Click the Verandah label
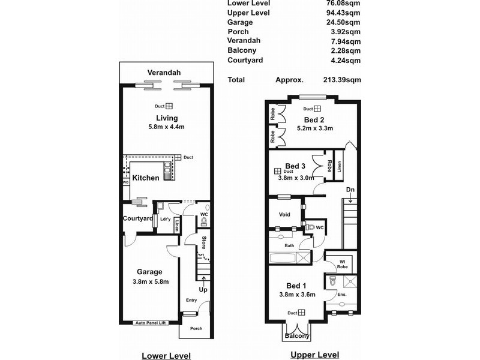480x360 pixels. pyautogui.click(x=164, y=73)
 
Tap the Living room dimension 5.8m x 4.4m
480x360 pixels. pyautogui.click(x=167, y=128)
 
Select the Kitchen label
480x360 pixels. pyautogui.click(x=146, y=178)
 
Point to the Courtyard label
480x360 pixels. pyautogui.click(x=137, y=218)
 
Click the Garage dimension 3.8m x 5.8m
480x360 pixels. pyautogui.click(x=149, y=281)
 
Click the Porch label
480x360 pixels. pyautogui.click(x=196, y=328)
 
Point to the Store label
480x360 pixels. pyautogui.click(x=204, y=243)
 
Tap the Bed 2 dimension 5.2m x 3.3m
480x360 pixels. pyautogui.click(x=314, y=128)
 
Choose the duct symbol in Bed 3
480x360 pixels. pyautogui.click(x=277, y=172)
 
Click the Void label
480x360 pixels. pyautogui.click(x=284, y=214)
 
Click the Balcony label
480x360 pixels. pyautogui.click(x=297, y=336)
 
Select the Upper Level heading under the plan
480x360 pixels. pyautogui.click(x=314, y=355)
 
